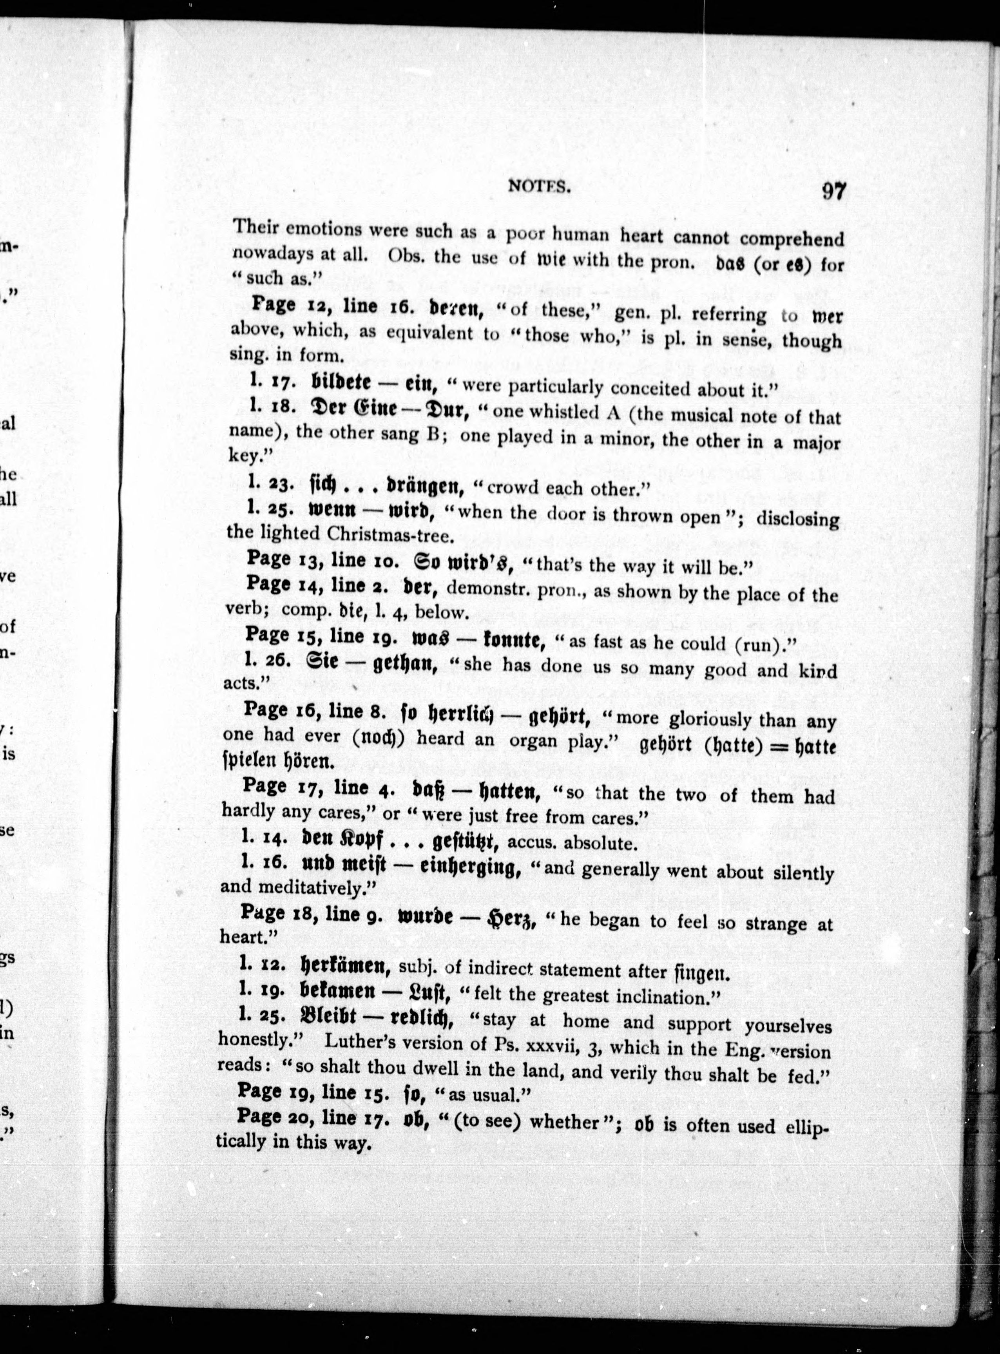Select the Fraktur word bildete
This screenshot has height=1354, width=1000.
point(341,382)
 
